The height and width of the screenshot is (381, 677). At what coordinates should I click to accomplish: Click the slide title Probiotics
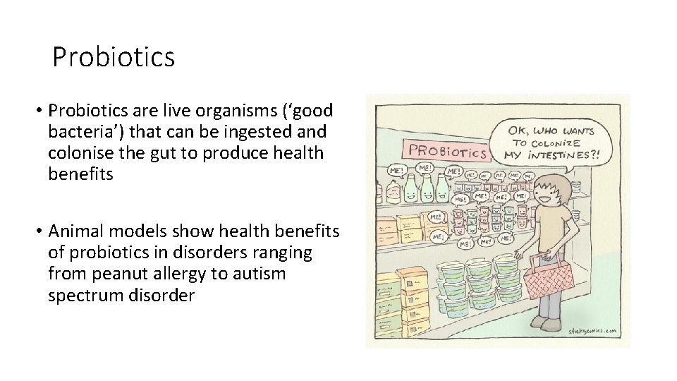[x=114, y=57]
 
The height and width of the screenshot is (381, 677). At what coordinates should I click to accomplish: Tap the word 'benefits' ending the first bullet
[x=80, y=174]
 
